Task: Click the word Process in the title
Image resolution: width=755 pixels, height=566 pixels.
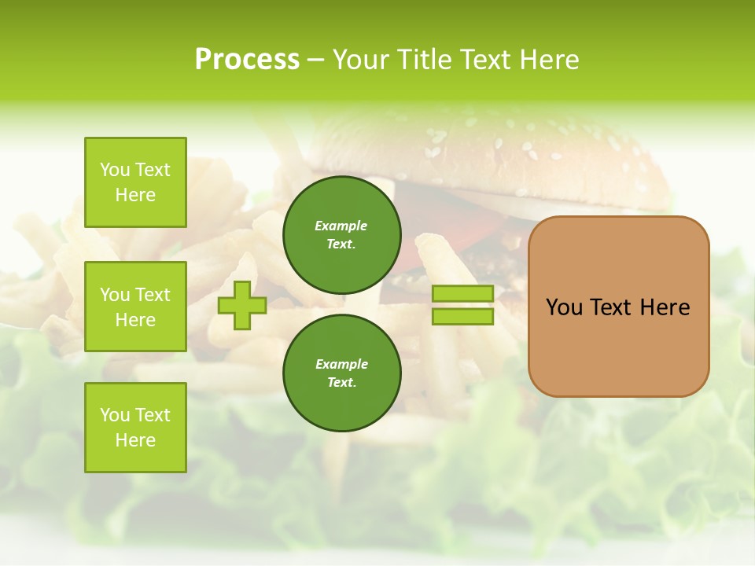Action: tap(247, 60)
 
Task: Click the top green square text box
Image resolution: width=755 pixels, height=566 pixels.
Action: tap(135, 182)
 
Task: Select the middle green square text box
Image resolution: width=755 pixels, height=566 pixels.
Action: tap(135, 307)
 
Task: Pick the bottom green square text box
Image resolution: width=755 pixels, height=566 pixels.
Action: tap(135, 428)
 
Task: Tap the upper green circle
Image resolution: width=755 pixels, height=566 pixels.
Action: tap(342, 234)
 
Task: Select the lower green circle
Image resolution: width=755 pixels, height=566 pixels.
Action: tap(342, 373)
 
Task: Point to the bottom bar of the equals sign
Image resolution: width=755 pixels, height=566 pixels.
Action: tap(463, 317)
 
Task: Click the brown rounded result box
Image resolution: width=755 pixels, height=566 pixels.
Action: tap(618, 307)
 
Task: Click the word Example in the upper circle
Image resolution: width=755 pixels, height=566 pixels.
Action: tap(341, 226)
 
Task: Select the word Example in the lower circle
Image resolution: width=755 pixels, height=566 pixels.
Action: tap(341, 364)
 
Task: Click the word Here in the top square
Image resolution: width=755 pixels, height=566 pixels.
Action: tap(135, 195)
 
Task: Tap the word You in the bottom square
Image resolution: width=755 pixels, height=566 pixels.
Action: tap(115, 415)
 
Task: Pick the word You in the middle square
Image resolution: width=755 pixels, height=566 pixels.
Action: tap(115, 295)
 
